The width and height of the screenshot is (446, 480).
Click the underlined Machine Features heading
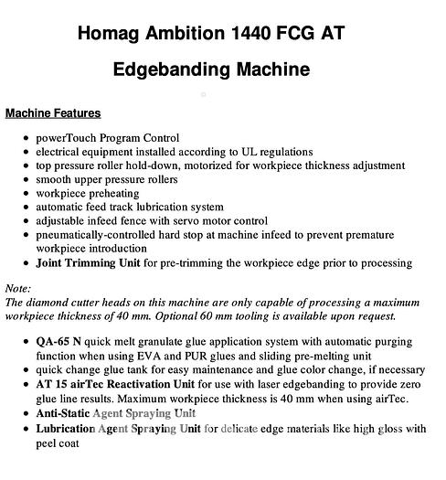tap(53, 113)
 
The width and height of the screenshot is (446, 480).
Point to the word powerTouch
tap(67, 138)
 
